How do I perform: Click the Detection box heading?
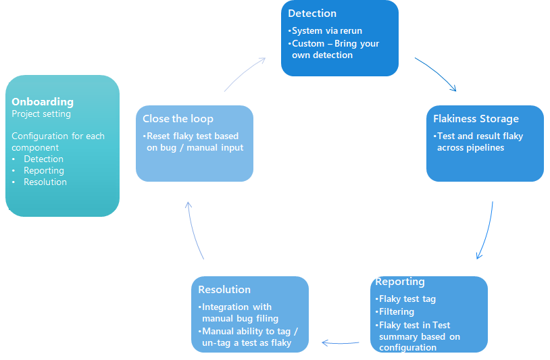tap(312, 14)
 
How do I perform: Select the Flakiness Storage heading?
tap(476, 119)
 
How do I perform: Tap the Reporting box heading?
tap(400, 282)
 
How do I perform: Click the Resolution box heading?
tap(224, 290)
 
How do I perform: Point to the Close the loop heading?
tap(178, 119)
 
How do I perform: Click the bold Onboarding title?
tap(43, 102)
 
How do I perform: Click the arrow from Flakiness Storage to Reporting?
tap(487, 232)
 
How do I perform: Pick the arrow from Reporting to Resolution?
tap(341, 343)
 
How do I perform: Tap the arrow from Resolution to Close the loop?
tap(194, 230)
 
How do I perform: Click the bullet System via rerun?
tap(325, 31)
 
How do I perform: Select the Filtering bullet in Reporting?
tap(395, 311)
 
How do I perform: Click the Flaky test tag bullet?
tap(405, 299)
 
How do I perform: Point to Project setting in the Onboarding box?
tap(41, 114)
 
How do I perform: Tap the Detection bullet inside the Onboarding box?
tap(43, 159)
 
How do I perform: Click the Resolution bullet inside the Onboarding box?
tap(45, 182)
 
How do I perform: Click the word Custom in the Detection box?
tap(308, 43)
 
